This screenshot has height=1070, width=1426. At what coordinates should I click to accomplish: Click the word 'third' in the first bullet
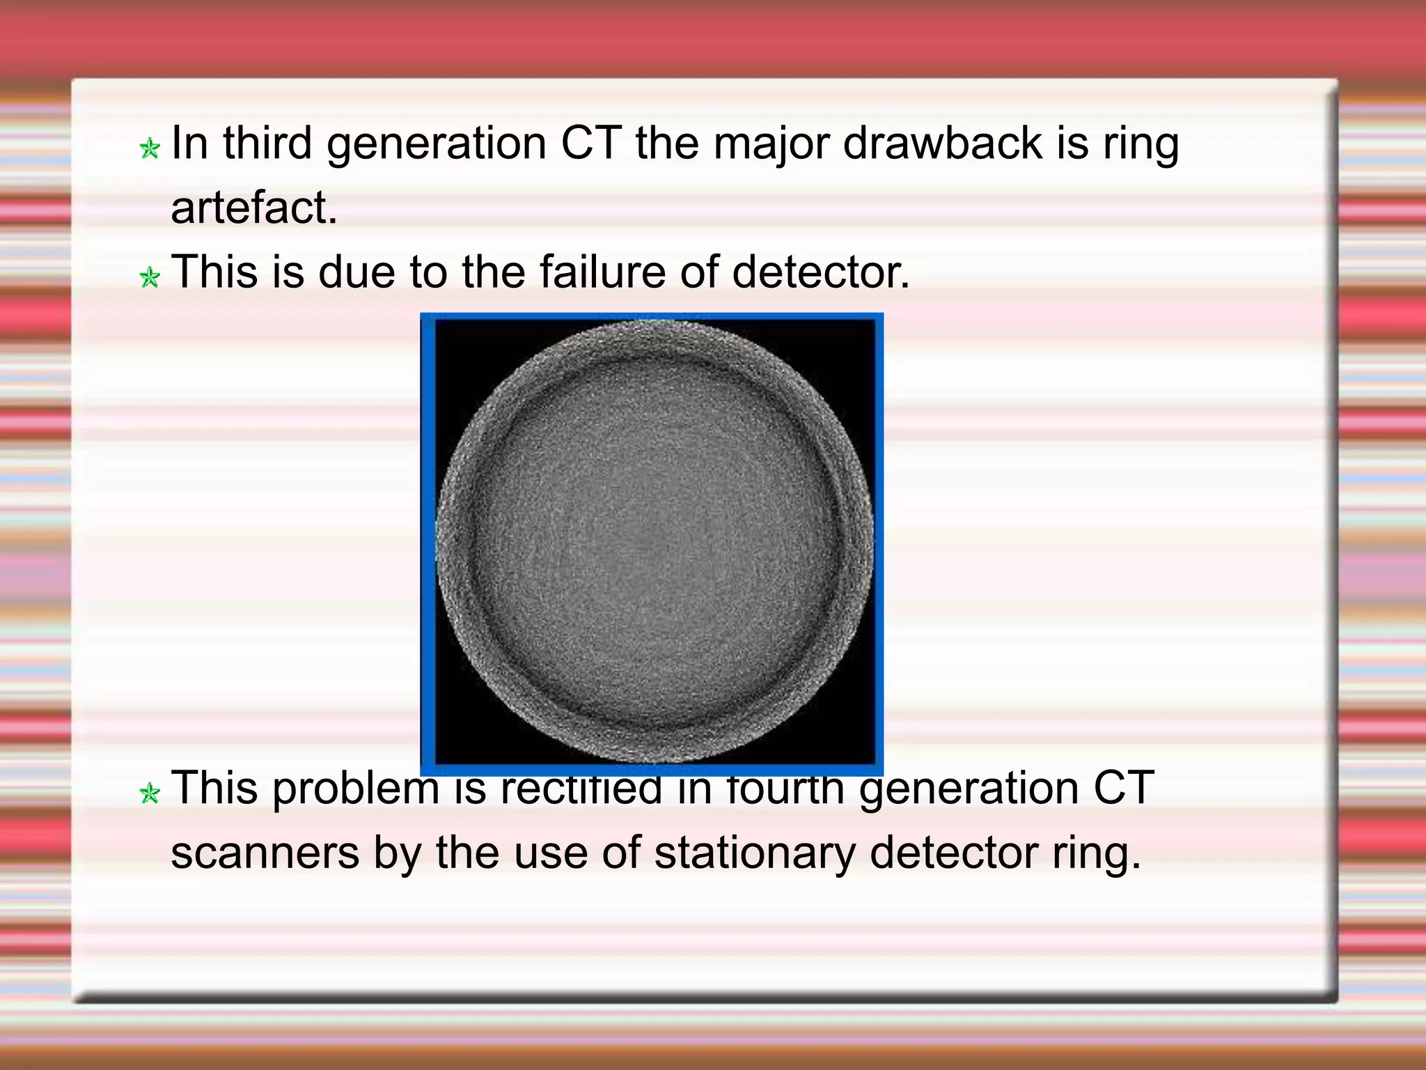267,144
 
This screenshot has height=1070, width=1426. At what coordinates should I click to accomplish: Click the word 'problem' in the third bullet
356,789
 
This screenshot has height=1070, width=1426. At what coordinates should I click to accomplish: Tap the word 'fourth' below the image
785,789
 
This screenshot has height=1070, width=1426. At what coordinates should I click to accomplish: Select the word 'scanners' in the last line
265,853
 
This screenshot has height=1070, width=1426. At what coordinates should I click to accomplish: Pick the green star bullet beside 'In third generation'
150,148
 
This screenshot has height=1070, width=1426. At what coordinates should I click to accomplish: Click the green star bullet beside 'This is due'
150,277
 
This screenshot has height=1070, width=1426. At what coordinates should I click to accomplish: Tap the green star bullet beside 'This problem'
150,793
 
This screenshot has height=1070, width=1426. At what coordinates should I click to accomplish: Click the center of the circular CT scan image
653,542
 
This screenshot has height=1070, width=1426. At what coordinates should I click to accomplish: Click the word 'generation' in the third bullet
969,789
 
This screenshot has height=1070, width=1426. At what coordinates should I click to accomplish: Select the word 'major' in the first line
770,144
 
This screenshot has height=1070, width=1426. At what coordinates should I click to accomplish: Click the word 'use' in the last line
550,853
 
